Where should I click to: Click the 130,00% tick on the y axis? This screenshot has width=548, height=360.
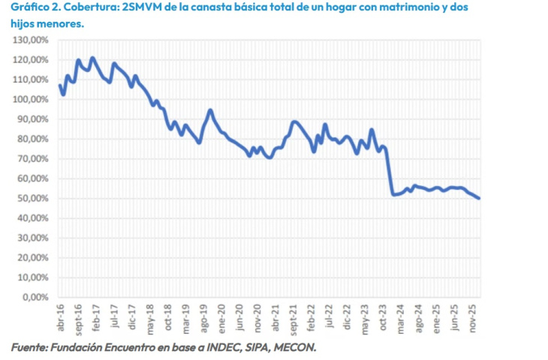(32, 40)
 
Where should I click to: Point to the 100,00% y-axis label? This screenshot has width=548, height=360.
(32, 99)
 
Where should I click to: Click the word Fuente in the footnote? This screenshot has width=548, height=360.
(28, 346)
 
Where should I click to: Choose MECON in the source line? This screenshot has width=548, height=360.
(293, 346)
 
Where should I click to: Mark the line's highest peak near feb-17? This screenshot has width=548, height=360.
(92, 58)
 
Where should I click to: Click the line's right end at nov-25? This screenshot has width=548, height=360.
(480, 198)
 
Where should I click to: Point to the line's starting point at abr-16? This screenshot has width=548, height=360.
(60, 85)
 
